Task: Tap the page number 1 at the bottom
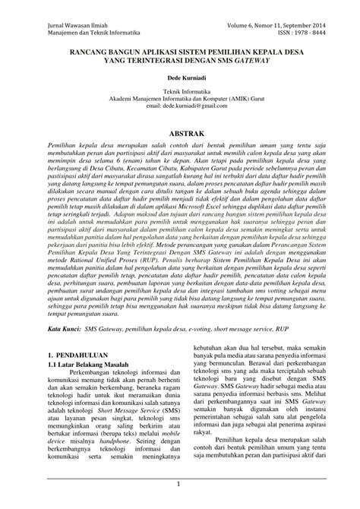(180, 483)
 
